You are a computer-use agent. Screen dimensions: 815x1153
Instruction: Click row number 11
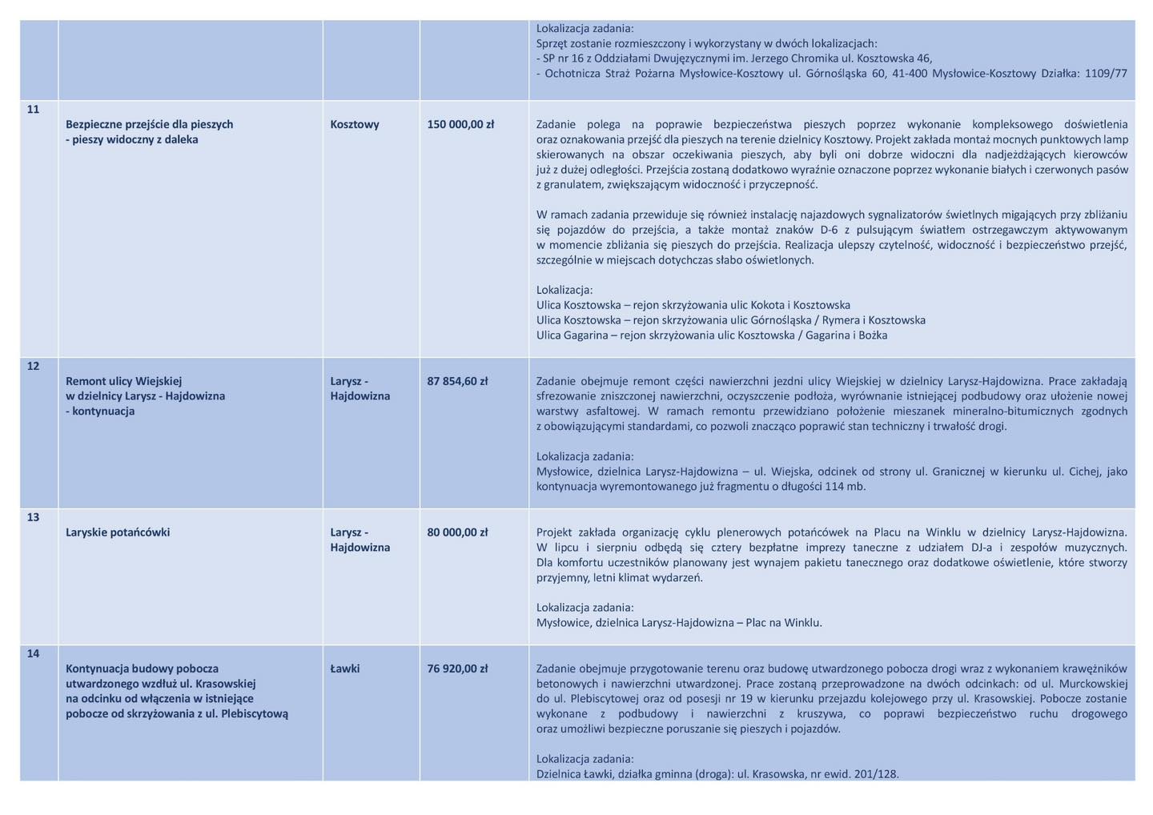[x=33, y=110]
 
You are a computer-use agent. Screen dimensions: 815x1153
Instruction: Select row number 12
[x=33, y=367]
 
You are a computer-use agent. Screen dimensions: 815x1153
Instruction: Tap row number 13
[x=33, y=518]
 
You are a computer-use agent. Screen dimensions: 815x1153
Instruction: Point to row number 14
[x=33, y=654]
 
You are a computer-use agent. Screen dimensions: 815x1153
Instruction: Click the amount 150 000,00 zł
[x=460, y=125]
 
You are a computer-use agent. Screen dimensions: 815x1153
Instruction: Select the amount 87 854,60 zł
[x=457, y=382]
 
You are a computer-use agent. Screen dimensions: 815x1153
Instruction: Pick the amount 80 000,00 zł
[x=457, y=533]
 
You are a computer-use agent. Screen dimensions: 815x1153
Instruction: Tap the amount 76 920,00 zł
[x=457, y=669]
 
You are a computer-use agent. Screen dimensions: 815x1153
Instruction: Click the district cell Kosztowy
[x=355, y=125]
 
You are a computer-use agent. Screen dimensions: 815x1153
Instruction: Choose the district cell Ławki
[x=345, y=669]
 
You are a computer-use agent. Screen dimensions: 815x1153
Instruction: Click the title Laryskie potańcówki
[x=118, y=533]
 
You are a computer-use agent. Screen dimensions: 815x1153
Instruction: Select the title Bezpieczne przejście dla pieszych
[x=150, y=125]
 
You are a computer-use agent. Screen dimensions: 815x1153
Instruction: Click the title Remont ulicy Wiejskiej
[x=124, y=382]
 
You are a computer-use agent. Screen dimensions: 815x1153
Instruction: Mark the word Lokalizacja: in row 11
[x=564, y=291]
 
